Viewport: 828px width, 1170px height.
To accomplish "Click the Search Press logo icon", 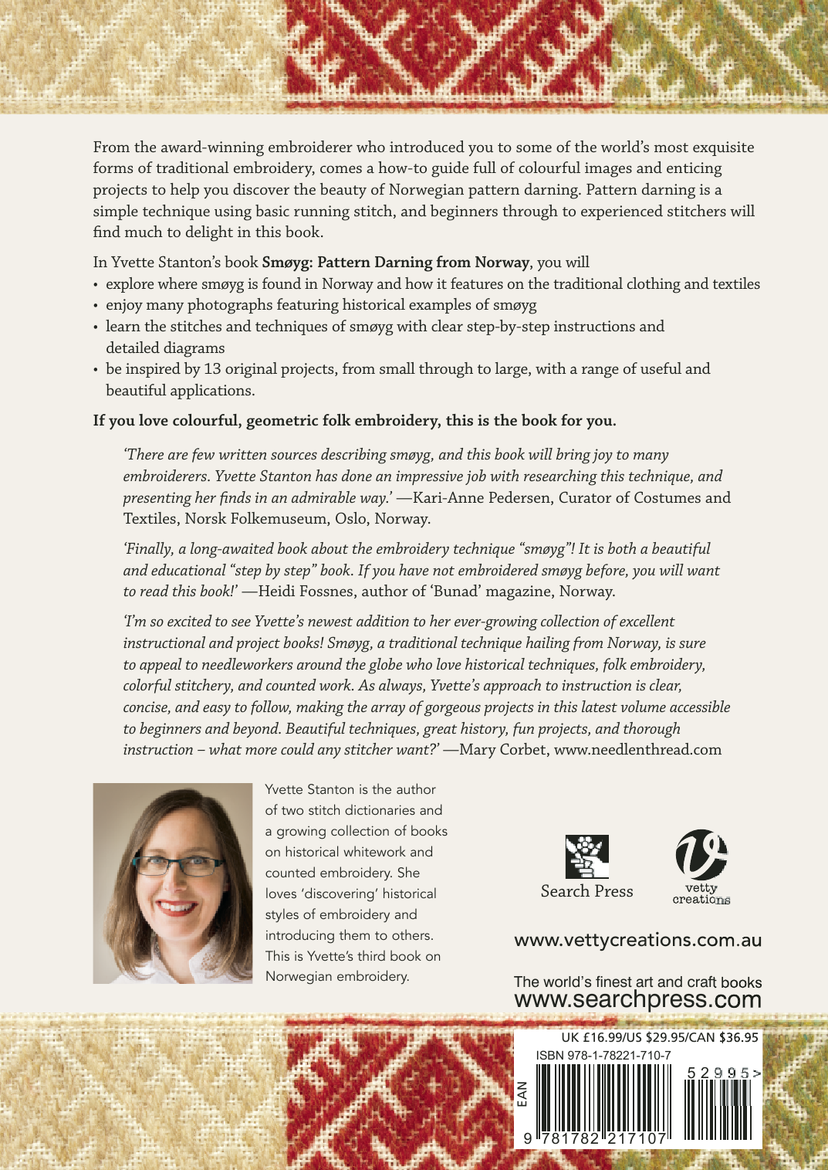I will pos(586,856).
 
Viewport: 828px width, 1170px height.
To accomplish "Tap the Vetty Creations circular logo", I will pos(701,855).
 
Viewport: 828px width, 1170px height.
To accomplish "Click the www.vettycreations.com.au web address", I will pos(637,940).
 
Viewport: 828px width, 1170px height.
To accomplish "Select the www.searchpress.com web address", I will pos(637,999).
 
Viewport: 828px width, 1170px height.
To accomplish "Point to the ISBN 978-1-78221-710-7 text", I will pos(603,1055).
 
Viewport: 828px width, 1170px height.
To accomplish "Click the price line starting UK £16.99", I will pos(660,1037).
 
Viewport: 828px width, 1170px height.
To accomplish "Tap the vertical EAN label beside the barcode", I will pos(522,1094).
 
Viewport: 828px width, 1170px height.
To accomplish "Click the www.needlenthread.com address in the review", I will pos(637,749).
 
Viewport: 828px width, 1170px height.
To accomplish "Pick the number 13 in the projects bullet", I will pos(212,369).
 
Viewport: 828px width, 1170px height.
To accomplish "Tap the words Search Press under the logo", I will pos(586,891).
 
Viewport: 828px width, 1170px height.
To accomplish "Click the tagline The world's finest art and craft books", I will pos(637,982).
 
